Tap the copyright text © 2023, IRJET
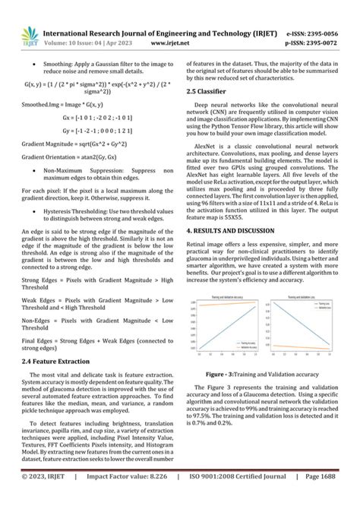(x=44, y=499)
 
